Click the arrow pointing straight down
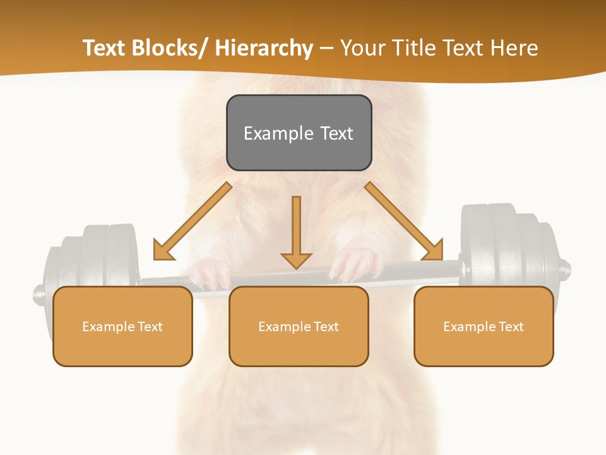pos(296,234)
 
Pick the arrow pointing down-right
pos(404,221)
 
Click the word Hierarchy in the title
pos(264,48)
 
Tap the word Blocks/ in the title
pos(169,48)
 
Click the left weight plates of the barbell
pos(95,259)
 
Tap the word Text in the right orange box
pos(511,327)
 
